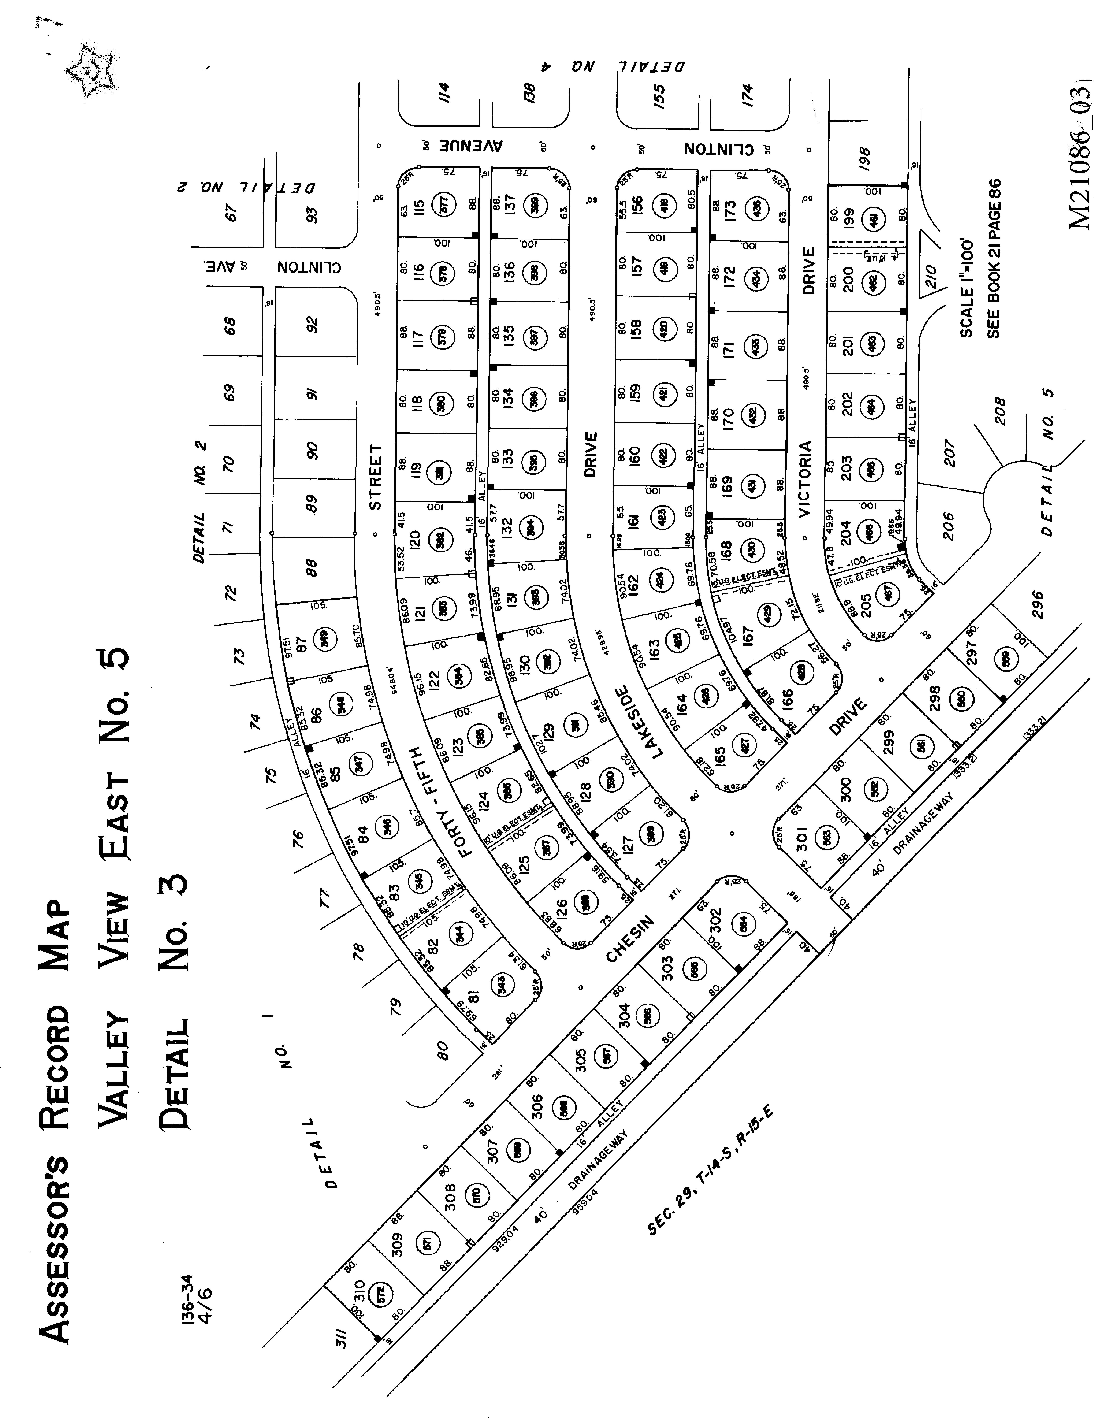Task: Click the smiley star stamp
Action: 91,70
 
